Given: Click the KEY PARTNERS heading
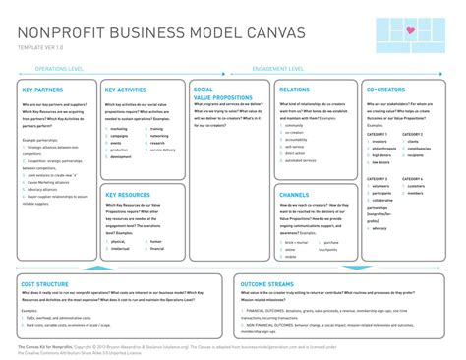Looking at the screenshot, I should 40,90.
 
